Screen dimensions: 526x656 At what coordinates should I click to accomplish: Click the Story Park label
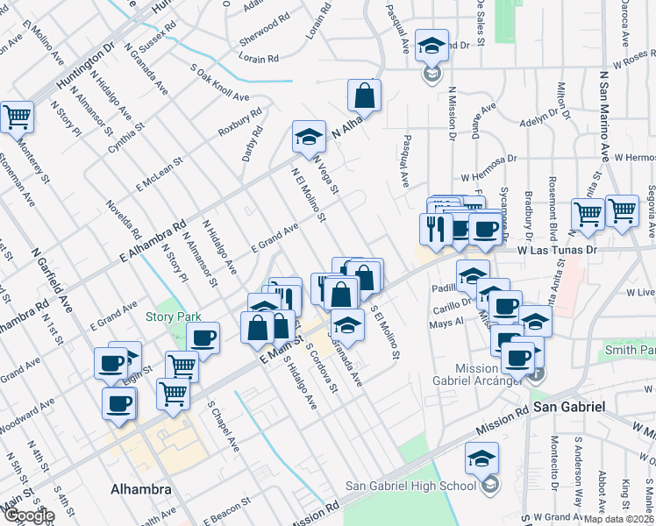click(x=174, y=316)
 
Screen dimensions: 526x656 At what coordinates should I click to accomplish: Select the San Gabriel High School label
click(x=410, y=487)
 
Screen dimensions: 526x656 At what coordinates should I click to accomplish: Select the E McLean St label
click(x=159, y=174)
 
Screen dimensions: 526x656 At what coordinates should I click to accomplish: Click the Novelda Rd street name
click(x=124, y=221)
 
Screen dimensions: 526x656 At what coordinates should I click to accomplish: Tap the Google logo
click(x=29, y=516)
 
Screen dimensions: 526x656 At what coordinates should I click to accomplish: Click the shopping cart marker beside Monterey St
click(x=17, y=117)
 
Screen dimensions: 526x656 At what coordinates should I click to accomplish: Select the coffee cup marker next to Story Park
click(x=203, y=338)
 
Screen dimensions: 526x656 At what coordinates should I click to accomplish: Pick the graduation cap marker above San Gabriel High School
click(x=481, y=458)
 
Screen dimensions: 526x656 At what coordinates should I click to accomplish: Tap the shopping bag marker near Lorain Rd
click(x=364, y=95)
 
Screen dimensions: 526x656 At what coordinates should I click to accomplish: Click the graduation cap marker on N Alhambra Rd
click(x=309, y=138)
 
